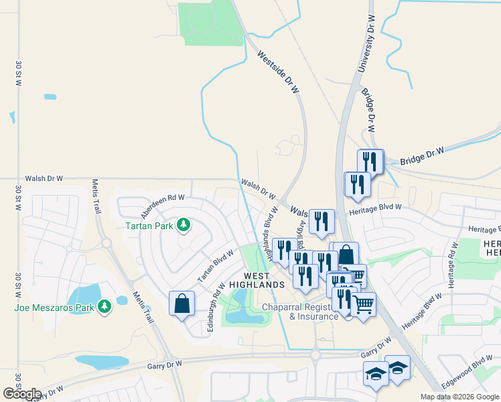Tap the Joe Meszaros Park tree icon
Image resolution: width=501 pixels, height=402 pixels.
point(104,307)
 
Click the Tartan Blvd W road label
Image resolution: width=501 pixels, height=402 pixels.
point(216,266)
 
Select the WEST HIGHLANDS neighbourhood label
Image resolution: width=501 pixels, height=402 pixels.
point(257,280)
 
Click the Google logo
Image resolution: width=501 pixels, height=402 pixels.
point(21,394)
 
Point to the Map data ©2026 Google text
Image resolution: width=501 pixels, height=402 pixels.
point(459,397)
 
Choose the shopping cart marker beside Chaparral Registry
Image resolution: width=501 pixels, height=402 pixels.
point(364,306)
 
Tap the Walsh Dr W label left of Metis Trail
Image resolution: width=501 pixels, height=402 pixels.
point(44,179)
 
